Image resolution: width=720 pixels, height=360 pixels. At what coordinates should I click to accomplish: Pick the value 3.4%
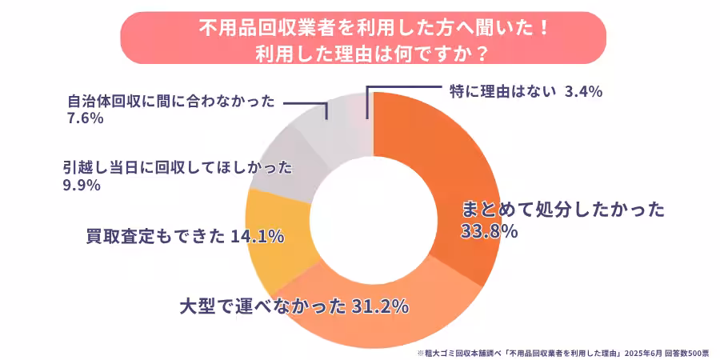(x=583, y=91)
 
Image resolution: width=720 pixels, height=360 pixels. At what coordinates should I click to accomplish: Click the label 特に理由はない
(x=500, y=91)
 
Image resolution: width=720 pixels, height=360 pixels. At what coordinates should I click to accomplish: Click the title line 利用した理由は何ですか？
(x=360, y=53)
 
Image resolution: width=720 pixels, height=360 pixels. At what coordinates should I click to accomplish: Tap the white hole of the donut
(x=372, y=220)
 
